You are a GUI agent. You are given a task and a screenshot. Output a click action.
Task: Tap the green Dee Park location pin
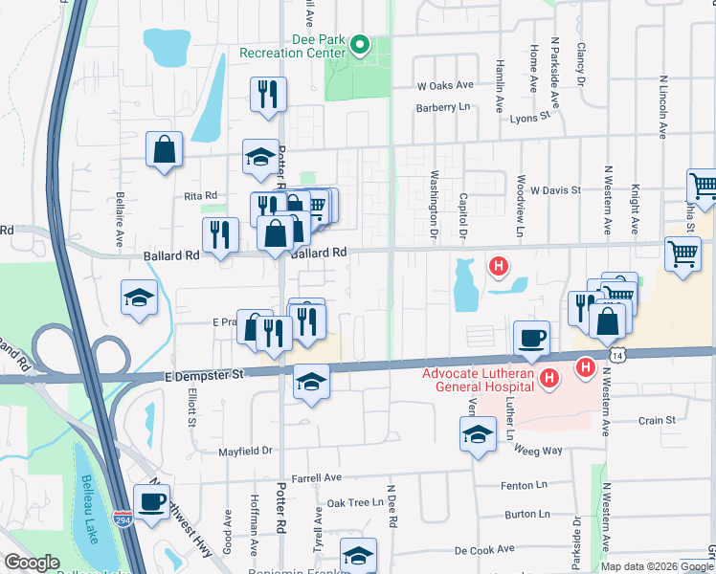[x=360, y=44]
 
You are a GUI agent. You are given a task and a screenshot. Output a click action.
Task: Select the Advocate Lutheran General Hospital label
[x=479, y=377]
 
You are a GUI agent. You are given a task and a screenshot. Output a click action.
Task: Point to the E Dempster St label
[x=205, y=375]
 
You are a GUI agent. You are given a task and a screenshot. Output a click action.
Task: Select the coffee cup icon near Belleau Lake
[x=152, y=501]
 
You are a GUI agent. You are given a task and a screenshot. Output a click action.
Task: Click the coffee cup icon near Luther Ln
[x=531, y=337]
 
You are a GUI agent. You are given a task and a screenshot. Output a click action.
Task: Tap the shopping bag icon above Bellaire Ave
[x=165, y=149]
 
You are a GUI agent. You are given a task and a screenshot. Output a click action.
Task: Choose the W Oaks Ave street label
[x=445, y=84]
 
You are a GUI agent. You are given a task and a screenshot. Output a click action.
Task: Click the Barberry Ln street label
[x=445, y=107]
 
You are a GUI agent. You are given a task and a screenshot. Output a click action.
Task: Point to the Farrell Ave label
[x=317, y=476]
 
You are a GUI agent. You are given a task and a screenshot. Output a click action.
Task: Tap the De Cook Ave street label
[x=486, y=550]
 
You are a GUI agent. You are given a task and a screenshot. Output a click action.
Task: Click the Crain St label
[x=657, y=420]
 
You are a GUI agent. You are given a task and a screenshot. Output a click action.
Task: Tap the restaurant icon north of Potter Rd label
[x=267, y=94]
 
